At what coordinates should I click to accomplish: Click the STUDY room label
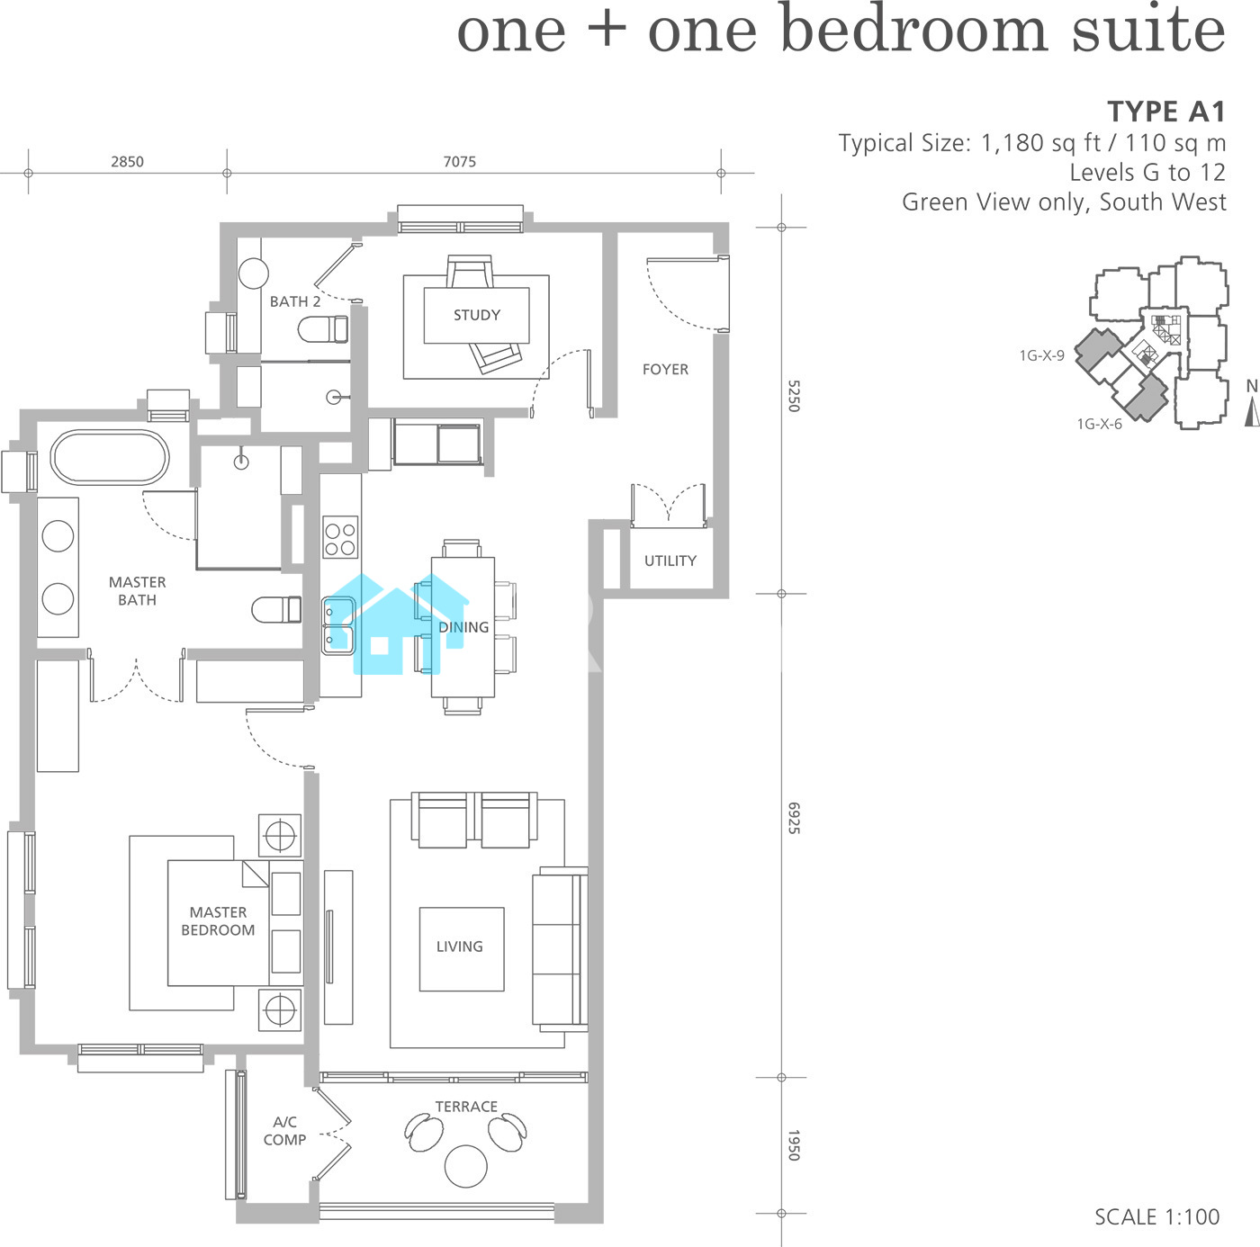tap(477, 315)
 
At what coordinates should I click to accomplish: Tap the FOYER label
tap(665, 370)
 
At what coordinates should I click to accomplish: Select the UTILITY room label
tap(670, 561)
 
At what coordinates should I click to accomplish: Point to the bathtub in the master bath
tap(110, 457)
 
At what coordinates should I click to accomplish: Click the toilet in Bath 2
tap(323, 329)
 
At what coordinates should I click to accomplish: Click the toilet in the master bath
tap(276, 609)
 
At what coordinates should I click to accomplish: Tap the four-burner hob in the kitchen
tap(340, 537)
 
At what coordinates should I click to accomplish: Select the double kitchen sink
tap(338, 626)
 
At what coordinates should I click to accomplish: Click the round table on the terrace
tap(465, 1166)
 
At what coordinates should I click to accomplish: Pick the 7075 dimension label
tap(460, 162)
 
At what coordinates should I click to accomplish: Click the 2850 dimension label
tap(127, 162)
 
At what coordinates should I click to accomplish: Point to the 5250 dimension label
tap(793, 396)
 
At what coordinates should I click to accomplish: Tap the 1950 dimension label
tap(793, 1145)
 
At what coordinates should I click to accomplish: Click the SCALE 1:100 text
tap(1156, 1217)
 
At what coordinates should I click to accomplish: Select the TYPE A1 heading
tap(1165, 112)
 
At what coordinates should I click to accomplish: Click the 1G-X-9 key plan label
tap(1041, 355)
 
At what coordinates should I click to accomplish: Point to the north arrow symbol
tap(1252, 412)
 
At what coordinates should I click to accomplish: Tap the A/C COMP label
tap(284, 1131)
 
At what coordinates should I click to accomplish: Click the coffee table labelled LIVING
tap(462, 949)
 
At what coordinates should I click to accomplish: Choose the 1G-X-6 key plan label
tap(1099, 424)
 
